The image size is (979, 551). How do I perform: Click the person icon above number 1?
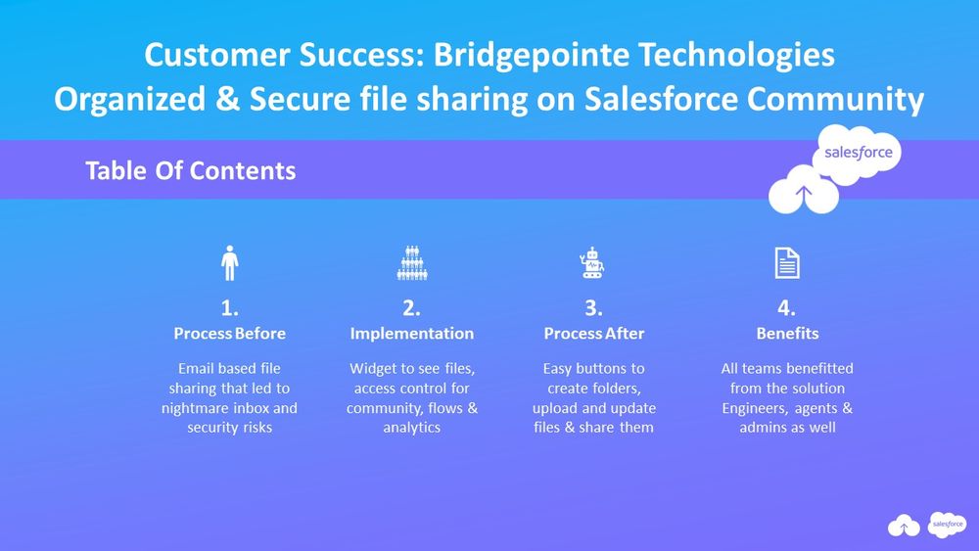click(x=230, y=263)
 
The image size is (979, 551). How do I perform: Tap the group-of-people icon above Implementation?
click(x=411, y=263)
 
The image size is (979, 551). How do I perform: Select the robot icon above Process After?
click(x=593, y=263)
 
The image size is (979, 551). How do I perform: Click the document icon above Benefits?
click(x=787, y=263)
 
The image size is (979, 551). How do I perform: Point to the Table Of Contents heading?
click(x=190, y=170)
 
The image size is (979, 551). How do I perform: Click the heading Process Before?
click(x=230, y=334)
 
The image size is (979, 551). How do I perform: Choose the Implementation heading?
click(x=411, y=334)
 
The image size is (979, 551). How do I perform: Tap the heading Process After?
click(x=593, y=334)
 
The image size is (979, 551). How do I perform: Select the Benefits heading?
click(x=787, y=334)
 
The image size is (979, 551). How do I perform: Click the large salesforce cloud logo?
click(x=857, y=155)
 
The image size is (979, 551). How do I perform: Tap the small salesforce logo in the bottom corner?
click(x=948, y=525)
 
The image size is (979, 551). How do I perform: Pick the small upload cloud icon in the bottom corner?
click(x=904, y=528)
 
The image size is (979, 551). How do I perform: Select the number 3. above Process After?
click(x=593, y=308)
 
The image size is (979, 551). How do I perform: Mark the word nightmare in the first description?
click(x=194, y=408)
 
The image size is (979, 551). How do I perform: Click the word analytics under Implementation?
click(x=412, y=428)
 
